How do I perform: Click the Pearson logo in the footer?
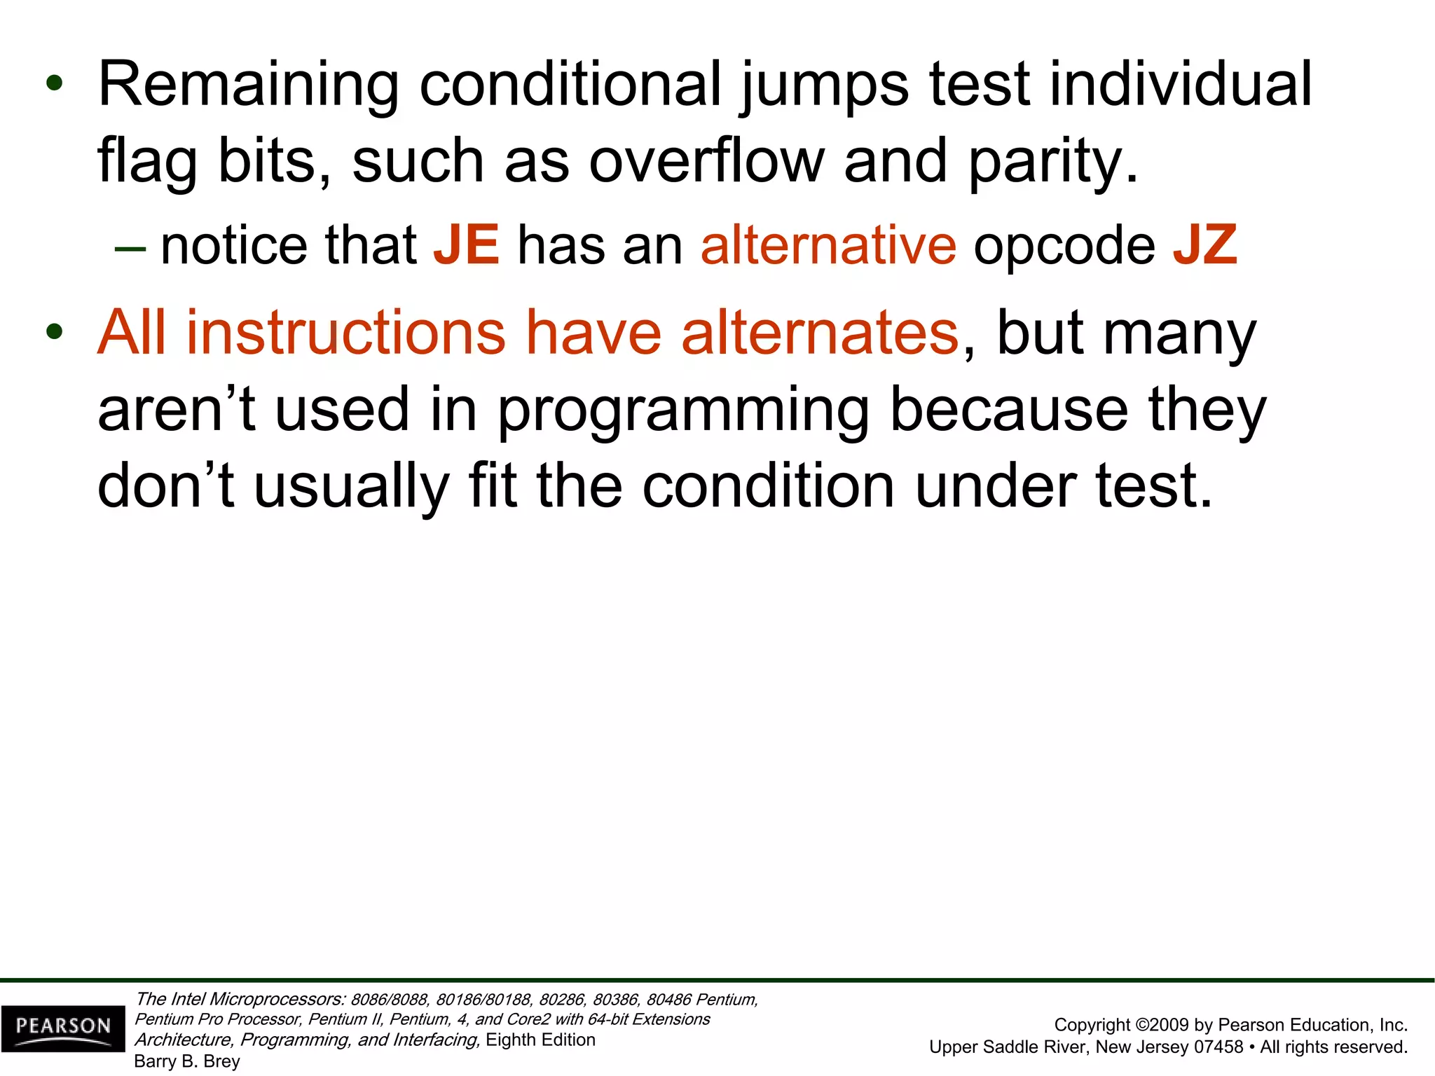tap(63, 1028)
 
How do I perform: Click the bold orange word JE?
tap(467, 245)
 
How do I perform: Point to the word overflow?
tap(706, 161)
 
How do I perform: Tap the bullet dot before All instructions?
tap(54, 332)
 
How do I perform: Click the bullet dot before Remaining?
tap(54, 84)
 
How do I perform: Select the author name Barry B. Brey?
tap(187, 1061)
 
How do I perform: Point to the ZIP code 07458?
tap(1218, 1047)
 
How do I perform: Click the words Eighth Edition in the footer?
tap(540, 1040)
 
